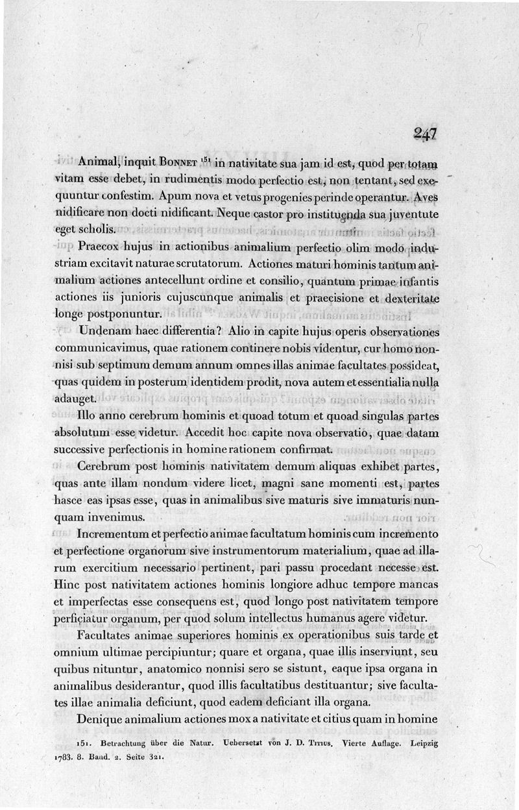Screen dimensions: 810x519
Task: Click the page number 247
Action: [425, 134]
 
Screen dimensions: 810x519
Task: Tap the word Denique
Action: [99, 719]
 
